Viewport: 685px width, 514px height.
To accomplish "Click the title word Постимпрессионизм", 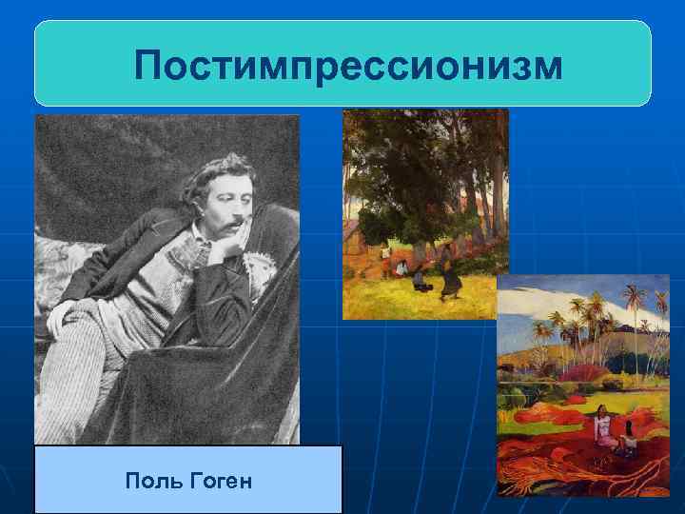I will pos(347,67).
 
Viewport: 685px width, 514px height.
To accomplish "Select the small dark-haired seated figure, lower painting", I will pos(627,442).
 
